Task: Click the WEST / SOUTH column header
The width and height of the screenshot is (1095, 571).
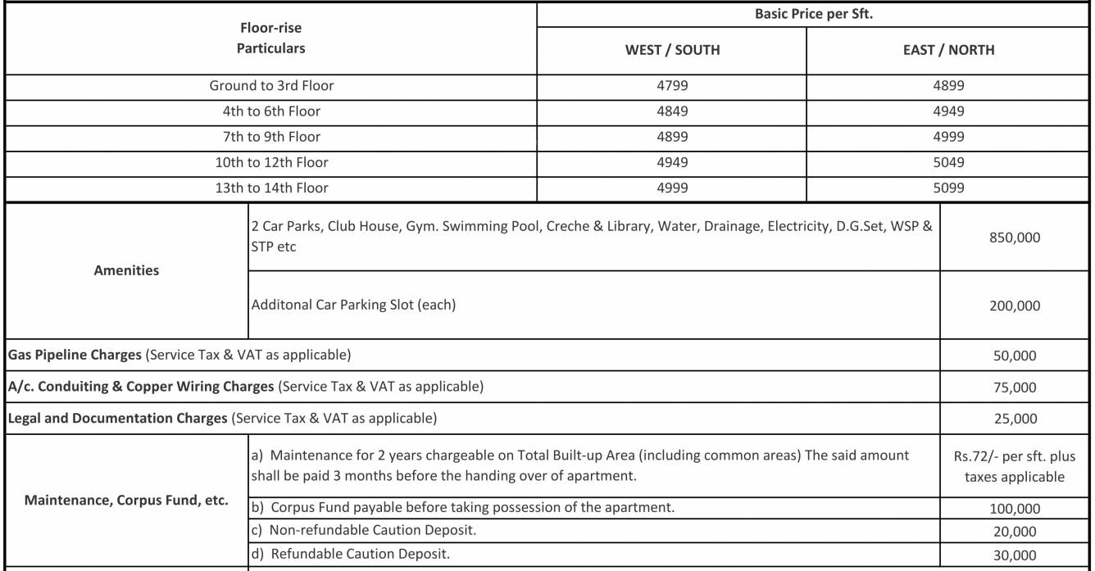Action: [672, 50]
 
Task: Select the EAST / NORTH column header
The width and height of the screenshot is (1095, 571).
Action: [948, 50]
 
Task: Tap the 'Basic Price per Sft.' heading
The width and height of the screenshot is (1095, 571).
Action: [813, 15]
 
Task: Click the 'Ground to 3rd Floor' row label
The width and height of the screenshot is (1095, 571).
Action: [271, 85]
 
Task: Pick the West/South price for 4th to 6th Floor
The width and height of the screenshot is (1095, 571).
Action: [672, 111]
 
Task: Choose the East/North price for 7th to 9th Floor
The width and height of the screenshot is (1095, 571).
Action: [948, 137]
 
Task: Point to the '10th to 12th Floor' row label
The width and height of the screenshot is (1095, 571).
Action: [271, 162]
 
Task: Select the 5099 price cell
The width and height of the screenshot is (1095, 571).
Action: [948, 188]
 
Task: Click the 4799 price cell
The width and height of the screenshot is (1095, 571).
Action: [672, 85]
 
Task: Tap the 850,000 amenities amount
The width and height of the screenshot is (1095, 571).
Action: [1015, 238]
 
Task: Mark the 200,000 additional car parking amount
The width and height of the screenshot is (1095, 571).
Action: [1015, 306]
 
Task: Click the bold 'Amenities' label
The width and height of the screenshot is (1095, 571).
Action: [126, 270]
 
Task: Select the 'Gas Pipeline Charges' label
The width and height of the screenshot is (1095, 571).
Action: [75, 355]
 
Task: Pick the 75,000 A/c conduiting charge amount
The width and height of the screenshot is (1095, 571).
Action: [1015, 387]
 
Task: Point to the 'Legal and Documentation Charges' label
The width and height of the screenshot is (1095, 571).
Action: [117, 418]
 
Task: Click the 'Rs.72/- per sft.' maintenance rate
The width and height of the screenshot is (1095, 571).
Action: [1015, 456]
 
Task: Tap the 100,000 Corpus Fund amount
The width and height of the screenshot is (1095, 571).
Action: [1015, 509]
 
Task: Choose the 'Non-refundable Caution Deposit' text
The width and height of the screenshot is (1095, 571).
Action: [373, 530]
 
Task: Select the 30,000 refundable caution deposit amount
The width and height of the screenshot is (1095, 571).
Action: [1015, 555]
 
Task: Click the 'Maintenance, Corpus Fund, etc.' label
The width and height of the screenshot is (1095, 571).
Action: [126, 500]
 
